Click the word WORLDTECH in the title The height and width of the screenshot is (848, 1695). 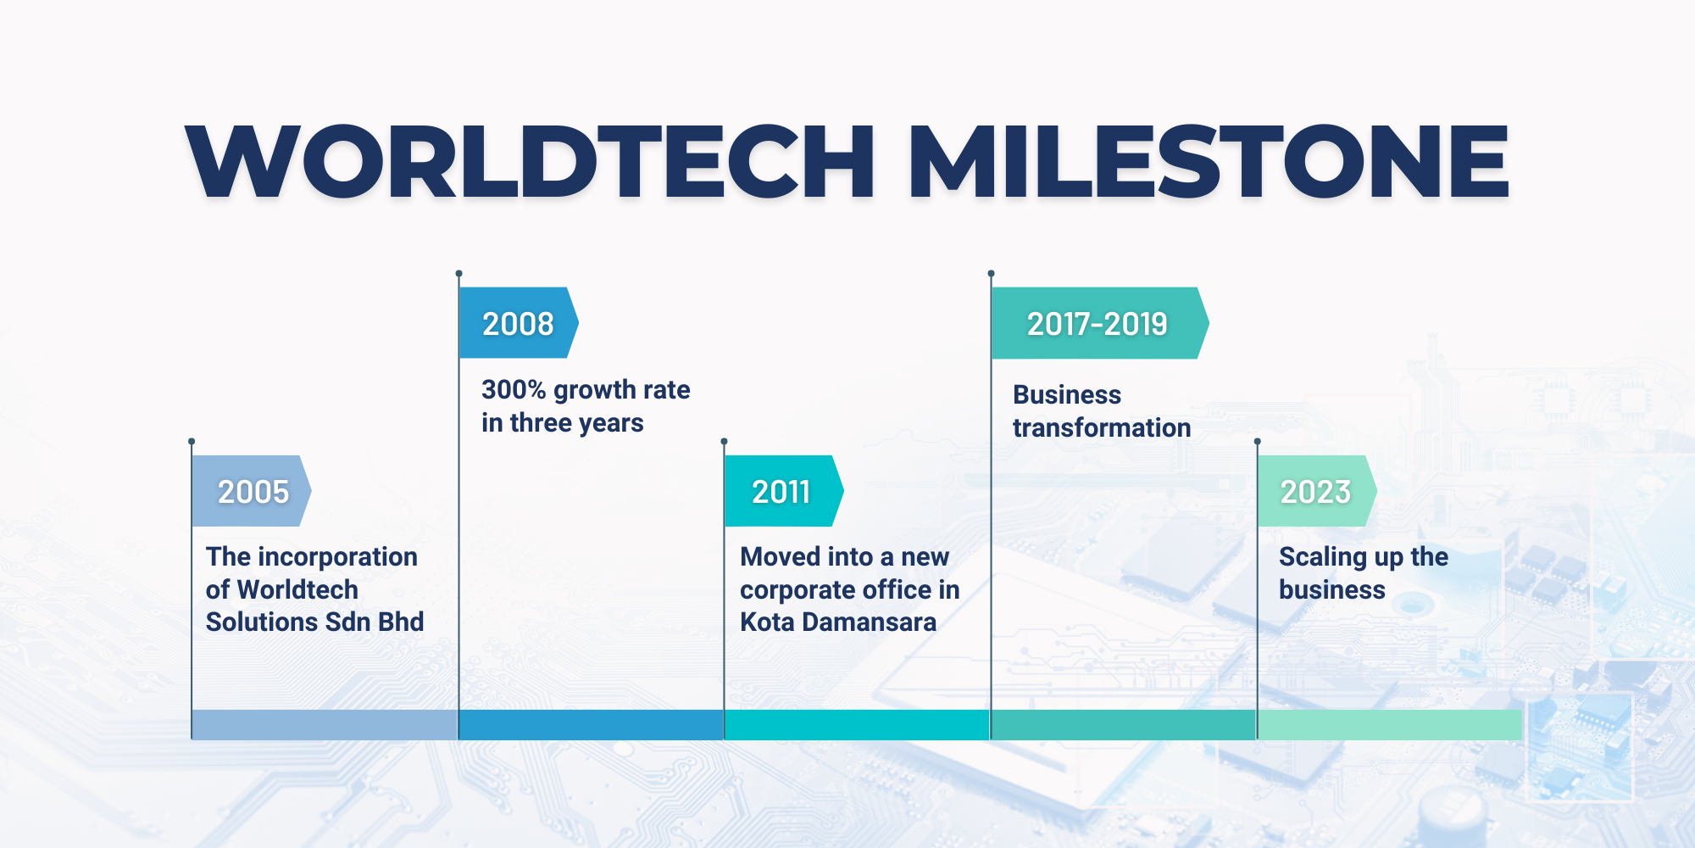(x=531, y=161)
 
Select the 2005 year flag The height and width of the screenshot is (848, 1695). (x=252, y=491)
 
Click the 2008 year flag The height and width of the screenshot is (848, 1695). (x=519, y=323)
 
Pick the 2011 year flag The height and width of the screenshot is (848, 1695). (x=784, y=491)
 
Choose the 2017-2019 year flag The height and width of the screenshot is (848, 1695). (x=1100, y=323)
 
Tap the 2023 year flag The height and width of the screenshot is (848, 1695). (x=1317, y=491)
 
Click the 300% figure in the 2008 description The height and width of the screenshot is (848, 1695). (x=514, y=389)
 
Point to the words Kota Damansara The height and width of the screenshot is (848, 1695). (x=838, y=622)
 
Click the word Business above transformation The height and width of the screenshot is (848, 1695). (x=1067, y=394)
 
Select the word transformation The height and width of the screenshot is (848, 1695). (x=1102, y=427)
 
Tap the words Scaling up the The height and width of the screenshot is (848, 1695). (x=1364, y=557)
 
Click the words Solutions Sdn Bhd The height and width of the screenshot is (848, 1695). (x=314, y=622)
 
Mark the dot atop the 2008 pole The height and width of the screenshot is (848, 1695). (x=458, y=273)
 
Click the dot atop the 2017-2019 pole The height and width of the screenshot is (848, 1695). (x=991, y=273)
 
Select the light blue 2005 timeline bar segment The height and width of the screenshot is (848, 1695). (x=325, y=725)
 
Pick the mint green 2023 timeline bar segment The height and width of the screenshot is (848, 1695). (x=1390, y=725)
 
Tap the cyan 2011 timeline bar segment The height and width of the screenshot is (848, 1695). (x=857, y=725)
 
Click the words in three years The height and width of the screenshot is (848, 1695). (x=563, y=422)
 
